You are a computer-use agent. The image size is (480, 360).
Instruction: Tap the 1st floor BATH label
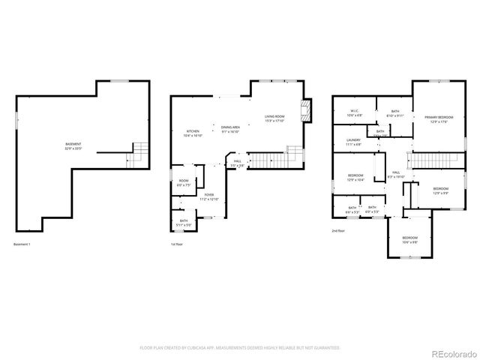click(x=184, y=223)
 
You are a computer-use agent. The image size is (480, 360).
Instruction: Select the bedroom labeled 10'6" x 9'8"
click(x=409, y=240)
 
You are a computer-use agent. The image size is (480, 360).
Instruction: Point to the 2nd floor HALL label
click(x=395, y=175)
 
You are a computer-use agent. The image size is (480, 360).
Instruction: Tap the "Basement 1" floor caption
click(x=23, y=244)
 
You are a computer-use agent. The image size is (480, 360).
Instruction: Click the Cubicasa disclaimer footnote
click(x=240, y=348)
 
